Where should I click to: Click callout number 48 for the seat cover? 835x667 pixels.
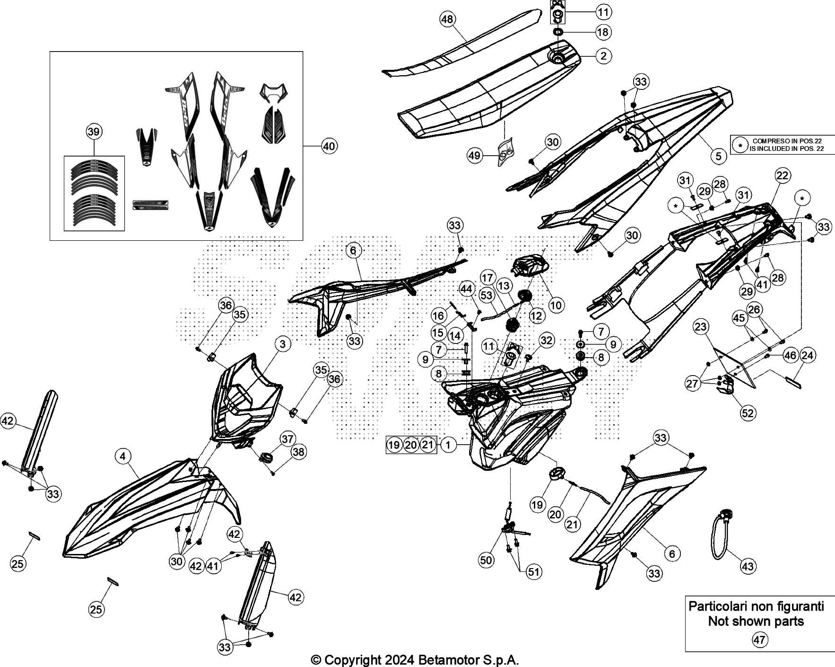[447, 19]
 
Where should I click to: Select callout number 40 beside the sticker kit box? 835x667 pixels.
[329, 147]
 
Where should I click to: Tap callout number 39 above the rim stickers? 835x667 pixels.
[94, 132]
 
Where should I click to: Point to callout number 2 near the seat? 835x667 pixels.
[603, 56]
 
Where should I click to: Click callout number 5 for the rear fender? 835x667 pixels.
[718, 156]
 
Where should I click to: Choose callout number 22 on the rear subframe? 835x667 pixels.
[782, 176]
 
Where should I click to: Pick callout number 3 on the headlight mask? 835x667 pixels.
[283, 344]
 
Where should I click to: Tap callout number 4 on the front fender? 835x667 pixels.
[123, 456]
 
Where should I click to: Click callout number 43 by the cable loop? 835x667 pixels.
[748, 566]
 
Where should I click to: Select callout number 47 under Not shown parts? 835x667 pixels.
[759, 640]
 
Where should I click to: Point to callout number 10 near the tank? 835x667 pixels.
[556, 305]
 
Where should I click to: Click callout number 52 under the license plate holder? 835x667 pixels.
[748, 413]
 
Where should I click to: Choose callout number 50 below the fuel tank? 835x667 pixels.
[486, 560]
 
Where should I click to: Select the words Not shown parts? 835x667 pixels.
[756, 621]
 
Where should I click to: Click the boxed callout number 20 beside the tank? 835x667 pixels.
[411, 445]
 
